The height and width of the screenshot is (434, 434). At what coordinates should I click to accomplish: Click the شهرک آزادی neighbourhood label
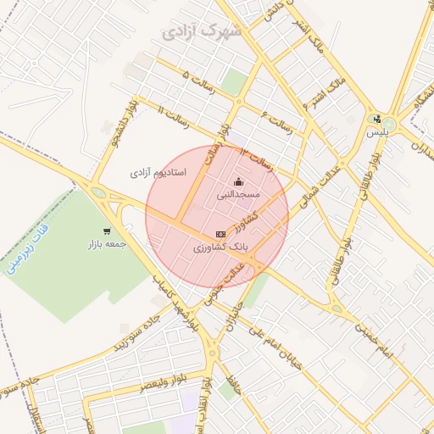coord(200,32)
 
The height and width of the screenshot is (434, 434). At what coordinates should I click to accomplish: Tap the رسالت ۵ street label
coord(198,82)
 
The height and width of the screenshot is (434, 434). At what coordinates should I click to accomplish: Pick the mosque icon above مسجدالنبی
coord(238,181)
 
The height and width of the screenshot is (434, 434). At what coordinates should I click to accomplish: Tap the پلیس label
coord(377,132)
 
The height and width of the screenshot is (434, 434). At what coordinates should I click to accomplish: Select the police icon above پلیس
coord(376,119)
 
